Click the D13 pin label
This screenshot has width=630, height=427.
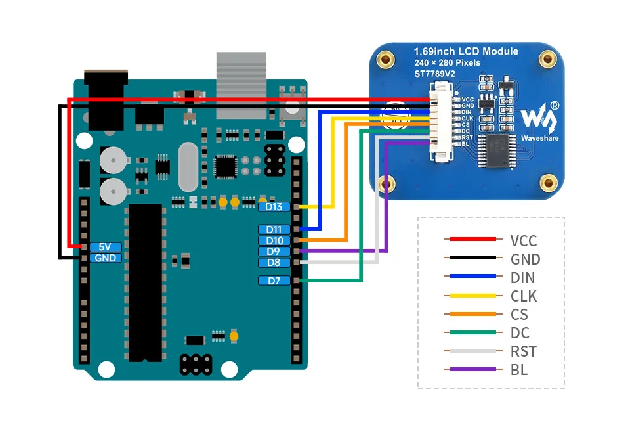coord(274,207)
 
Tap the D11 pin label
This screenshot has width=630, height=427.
coord(274,229)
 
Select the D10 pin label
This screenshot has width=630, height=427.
coord(274,240)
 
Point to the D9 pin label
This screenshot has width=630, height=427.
coord(274,251)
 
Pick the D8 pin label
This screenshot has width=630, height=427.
coord(274,263)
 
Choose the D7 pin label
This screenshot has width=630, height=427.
coord(274,281)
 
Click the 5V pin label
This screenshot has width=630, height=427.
coord(105,247)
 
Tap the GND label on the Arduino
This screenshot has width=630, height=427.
coord(105,258)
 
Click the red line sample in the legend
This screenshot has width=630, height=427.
coord(469,240)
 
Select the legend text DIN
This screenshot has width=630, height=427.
coord(523,278)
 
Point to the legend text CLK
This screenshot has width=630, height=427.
coord(524,296)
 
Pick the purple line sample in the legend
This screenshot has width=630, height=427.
coord(469,370)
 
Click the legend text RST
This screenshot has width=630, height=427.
coord(523,351)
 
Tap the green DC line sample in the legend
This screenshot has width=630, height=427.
coord(469,333)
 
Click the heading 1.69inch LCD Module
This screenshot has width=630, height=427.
coord(466,51)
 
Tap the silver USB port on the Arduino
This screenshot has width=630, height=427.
coord(242,85)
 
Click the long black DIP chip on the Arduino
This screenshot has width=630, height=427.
coord(145,282)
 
